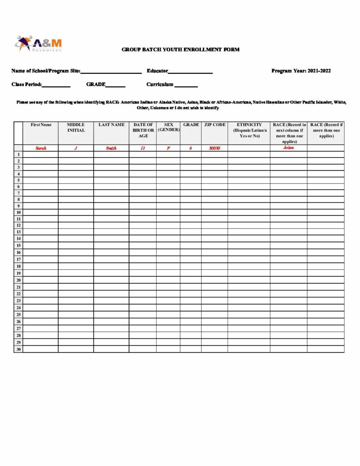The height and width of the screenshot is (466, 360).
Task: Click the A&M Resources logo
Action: (x=38, y=44)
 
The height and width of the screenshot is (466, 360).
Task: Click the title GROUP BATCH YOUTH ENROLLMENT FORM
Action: (x=180, y=50)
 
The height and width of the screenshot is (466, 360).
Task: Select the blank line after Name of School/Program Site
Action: (x=111, y=72)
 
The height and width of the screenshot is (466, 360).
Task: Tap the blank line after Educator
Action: (x=190, y=72)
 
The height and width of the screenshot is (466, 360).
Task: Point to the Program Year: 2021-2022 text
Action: (x=301, y=71)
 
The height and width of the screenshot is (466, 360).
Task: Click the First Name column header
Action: (x=41, y=125)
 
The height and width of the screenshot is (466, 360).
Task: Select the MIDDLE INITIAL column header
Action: (x=76, y=127)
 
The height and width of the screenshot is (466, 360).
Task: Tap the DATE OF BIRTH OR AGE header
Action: (x=143, y=130)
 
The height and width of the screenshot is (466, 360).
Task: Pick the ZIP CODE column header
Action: (x=214, y=125)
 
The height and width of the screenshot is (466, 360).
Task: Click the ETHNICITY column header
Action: (x=249, y=130)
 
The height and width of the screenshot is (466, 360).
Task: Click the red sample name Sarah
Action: (x=41, y=148)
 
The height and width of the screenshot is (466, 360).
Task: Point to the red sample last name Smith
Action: (x=111, y=148)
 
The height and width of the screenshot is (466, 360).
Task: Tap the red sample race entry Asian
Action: (x=289, y=147)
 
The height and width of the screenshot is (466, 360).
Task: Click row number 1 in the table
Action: (x=18, y=154)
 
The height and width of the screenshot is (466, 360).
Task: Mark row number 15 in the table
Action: (x=18, y=245)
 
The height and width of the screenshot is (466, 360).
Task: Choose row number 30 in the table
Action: (x=18, y=349)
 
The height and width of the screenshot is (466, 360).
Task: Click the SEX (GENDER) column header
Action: (x=168, y=127)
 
